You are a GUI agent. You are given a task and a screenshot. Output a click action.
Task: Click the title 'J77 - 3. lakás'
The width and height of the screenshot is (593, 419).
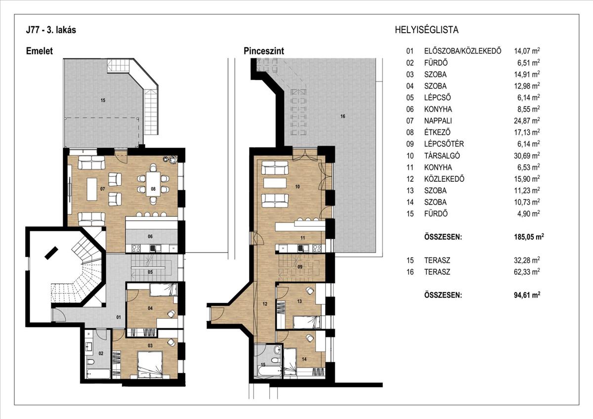51,30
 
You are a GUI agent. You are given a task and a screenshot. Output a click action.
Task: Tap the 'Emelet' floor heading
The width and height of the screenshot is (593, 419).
39,51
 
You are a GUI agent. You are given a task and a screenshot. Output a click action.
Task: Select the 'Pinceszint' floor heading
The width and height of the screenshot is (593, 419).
264,51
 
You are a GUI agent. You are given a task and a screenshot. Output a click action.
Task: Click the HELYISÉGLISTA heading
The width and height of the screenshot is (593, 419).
426,30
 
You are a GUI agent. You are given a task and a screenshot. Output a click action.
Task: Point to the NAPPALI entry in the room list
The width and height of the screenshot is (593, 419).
438,121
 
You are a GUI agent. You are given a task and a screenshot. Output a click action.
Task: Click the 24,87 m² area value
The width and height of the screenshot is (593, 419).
527,121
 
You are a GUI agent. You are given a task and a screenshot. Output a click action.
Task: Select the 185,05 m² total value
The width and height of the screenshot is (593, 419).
529,236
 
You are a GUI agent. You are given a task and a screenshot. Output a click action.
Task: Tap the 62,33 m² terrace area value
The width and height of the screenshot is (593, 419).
527,272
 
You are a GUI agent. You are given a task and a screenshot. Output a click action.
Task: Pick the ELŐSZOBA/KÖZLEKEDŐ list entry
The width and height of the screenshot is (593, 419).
463,51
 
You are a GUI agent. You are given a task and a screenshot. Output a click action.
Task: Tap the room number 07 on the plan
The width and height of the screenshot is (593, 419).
102,189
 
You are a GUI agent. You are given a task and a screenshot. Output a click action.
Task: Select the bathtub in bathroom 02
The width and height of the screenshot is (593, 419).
98,374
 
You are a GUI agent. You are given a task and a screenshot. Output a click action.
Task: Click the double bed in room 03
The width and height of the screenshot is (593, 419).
150,363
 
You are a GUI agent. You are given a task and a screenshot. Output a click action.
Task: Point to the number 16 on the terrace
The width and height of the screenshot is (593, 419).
343,116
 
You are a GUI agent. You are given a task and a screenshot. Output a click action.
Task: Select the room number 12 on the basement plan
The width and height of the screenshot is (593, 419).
265,304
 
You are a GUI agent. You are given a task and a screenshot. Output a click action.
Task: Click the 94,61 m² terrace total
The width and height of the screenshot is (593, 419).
527,295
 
